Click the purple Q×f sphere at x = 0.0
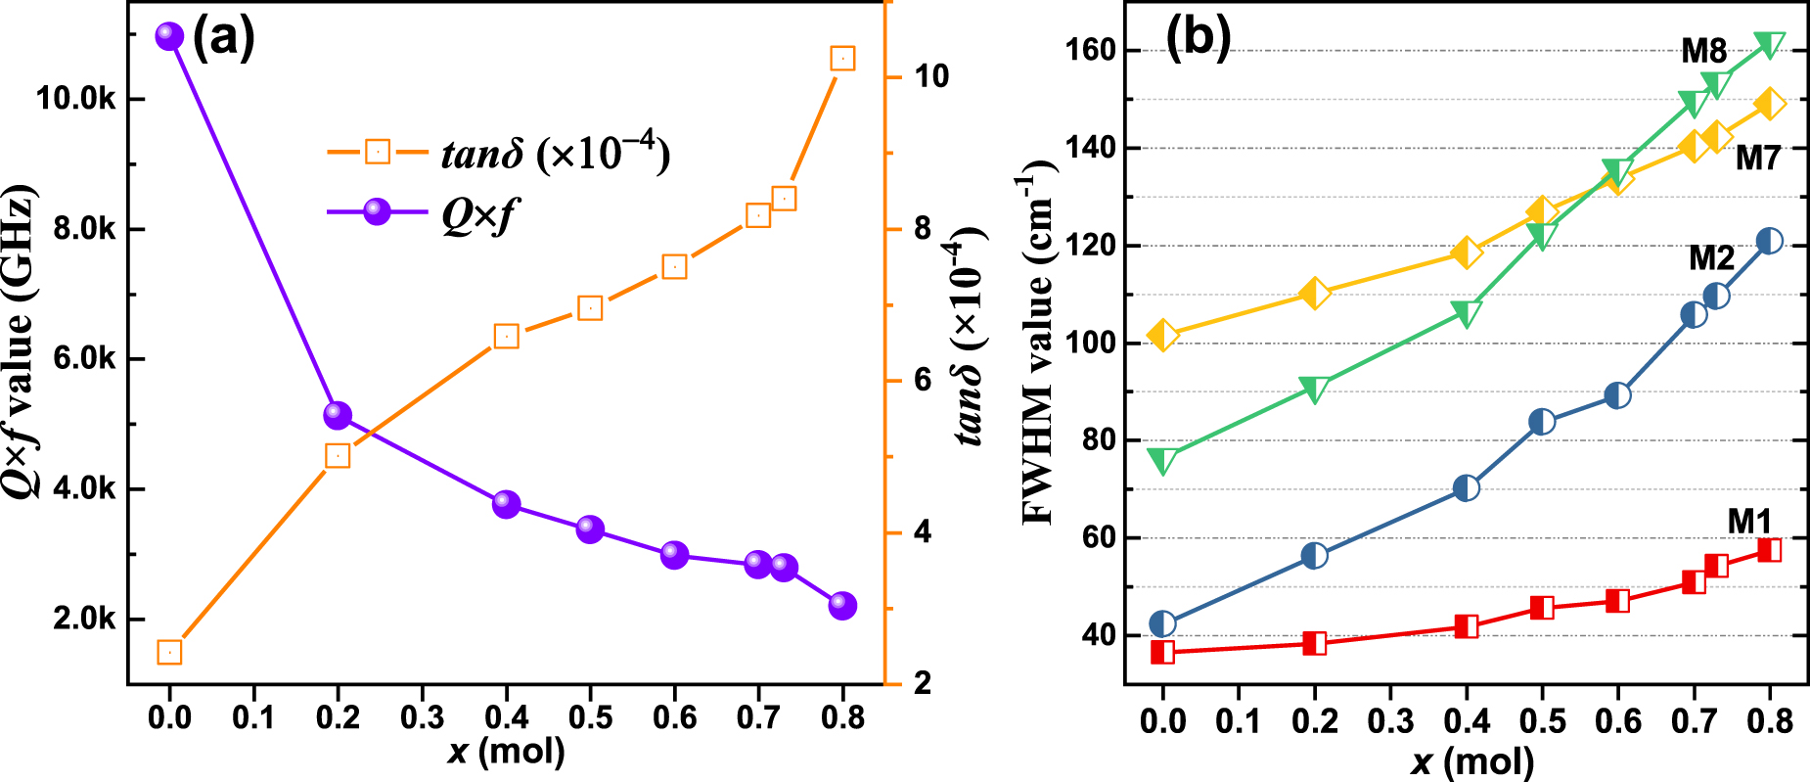tap(169, 36)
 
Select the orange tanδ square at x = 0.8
tap(842, 59)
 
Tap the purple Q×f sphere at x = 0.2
tap(338, 415)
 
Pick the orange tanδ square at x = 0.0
tap(169, 652)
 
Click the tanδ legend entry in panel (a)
tap(499, 153)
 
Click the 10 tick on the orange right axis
tap(930, 76)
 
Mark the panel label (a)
tap(223, 39)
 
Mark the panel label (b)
tap(1198, 39)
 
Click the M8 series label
tap(1703, 51)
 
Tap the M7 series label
tap(1758, 158)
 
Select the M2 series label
tap(1711, 258)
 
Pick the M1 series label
tap(1749, 522)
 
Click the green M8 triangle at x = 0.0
tap(1162, 461)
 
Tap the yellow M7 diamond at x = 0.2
tap(1315, 293)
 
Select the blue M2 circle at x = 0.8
tap(1769, 241)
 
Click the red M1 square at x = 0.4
tap(1466, 626)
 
